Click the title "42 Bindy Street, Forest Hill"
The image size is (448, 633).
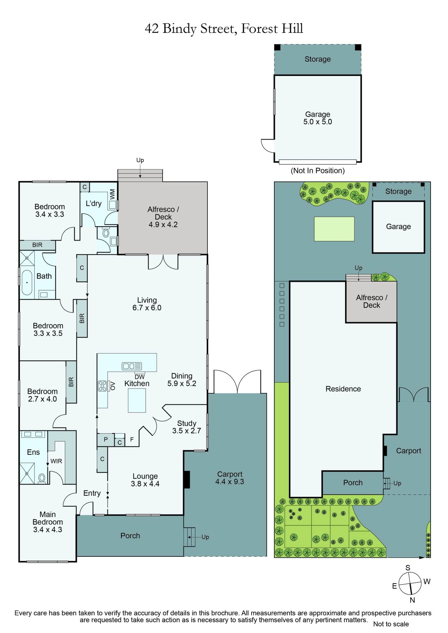(x=224, y=29)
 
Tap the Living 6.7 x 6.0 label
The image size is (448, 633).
(x=147, y=304)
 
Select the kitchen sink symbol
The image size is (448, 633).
(x=132, y=366)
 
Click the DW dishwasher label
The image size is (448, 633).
(x=139, y=377)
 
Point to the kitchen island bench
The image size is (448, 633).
(x=137, y=400)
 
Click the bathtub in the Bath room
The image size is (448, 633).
(x=27, y=282)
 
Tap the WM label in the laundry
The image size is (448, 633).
(x=112, y=194)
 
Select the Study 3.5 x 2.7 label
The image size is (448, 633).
(x=187, y=427)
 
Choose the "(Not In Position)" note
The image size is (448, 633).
(x=317, y=171)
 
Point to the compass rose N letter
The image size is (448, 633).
(x=412, y=600)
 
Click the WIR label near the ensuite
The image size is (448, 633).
(x=56, y=461)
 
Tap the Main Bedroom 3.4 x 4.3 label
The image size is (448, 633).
(x=48, y=522)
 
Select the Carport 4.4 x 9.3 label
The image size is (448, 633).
(x=230, y=478)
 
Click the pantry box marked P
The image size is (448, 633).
(x=106, y=440)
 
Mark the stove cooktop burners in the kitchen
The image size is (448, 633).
(x=102, y=386)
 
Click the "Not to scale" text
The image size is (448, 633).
(x=391, y=624)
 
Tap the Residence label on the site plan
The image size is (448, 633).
(x=343, y=389)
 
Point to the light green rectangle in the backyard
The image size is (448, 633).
(x=334, y=229)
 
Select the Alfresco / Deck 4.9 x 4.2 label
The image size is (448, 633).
(x=163, y=217)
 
